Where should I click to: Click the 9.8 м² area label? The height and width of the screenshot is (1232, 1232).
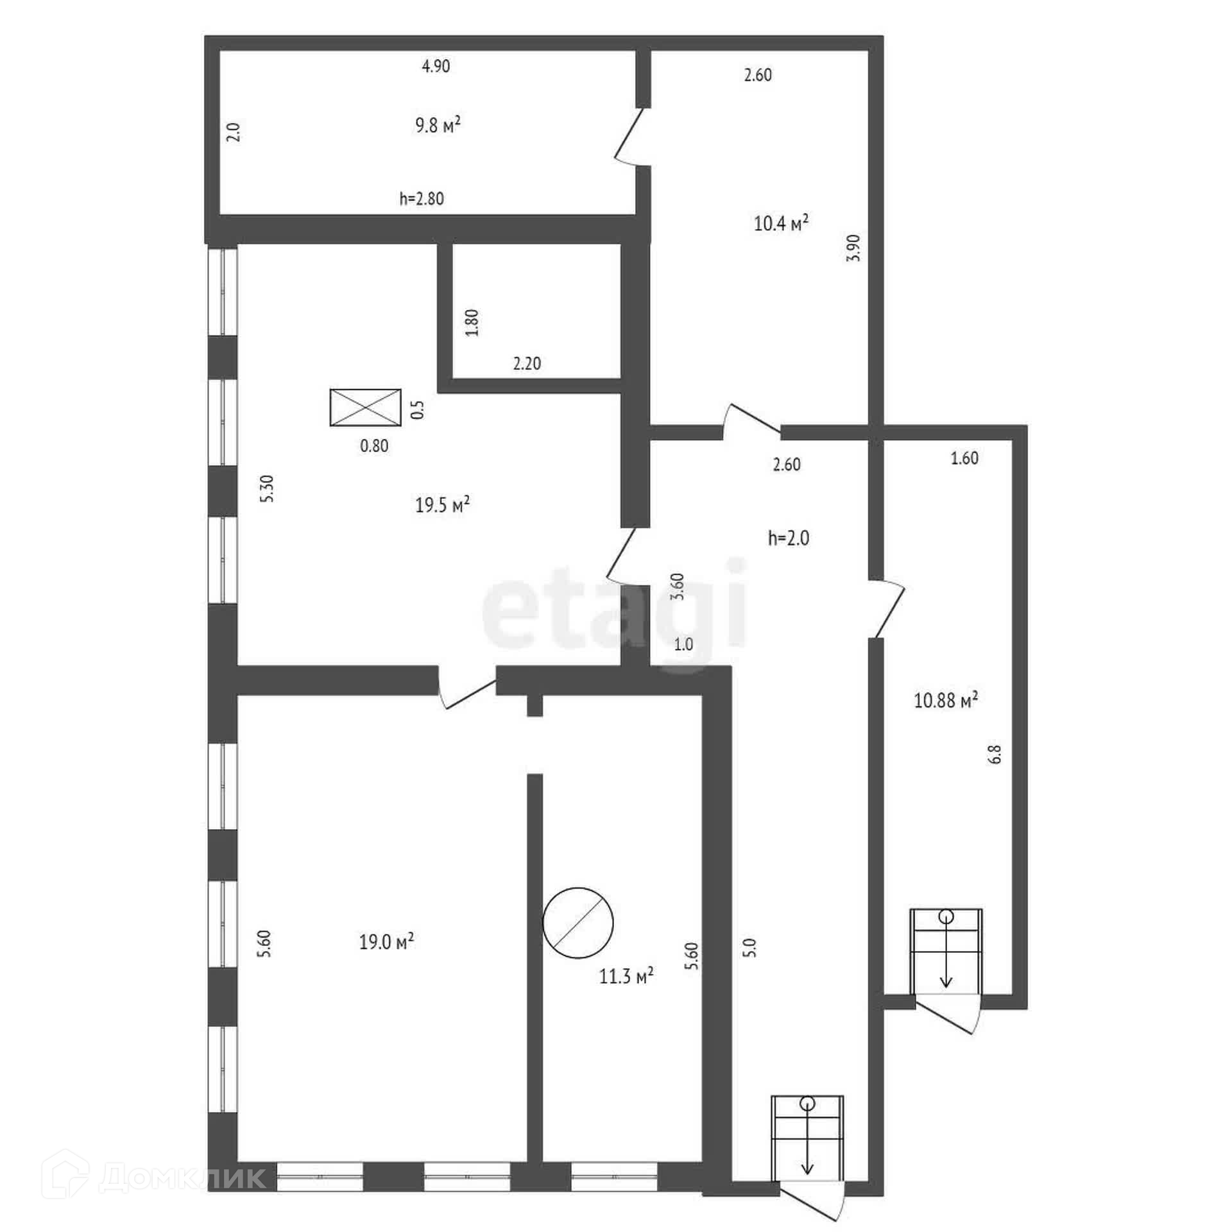[x=438, y=124]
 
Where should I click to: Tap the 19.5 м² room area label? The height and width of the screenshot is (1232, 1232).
[x=442, y=505]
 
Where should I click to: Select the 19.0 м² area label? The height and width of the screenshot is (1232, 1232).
[x=386, y=942]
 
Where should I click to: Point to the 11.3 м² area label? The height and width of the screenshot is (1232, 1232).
[x=626, y=977]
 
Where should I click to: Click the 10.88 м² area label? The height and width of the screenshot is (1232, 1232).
[x=946, y=699]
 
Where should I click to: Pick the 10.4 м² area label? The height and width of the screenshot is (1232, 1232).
[x=781, y=224]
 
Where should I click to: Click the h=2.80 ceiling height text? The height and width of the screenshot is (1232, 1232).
[x=422, y=199]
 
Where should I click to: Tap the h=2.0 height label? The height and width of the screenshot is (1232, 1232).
[x=789, y=538]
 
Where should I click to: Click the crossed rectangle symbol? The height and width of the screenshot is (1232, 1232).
[x=365, y=407]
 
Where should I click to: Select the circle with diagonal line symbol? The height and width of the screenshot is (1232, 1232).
[x=577, y=923]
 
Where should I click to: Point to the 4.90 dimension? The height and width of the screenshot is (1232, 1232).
[x=436, y=66]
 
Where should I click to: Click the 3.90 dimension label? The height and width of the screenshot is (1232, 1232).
[x=853, y=248]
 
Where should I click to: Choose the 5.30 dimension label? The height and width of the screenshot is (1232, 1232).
[x=268, y=488]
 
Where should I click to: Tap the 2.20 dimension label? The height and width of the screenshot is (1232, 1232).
[x=527, y=364]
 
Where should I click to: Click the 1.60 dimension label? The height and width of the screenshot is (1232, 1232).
[x=964, y=458]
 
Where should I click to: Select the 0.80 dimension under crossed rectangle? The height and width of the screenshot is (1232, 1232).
[x=374, y=446]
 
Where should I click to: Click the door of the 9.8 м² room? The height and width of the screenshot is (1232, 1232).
[x=629, y=136]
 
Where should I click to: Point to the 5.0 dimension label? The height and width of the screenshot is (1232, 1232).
[x=752, y=948]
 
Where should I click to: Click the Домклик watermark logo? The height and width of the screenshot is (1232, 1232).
[x=158, y=1177]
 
